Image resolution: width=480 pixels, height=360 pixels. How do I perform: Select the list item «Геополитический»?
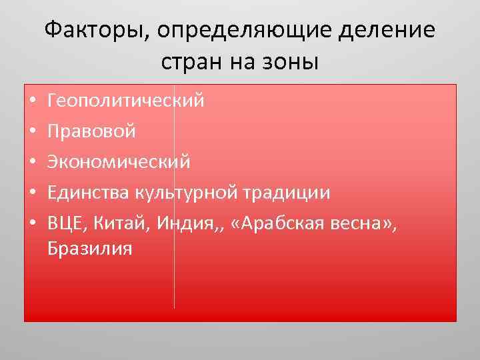point(126,101)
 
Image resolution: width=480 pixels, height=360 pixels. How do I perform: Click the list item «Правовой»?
point(91,131)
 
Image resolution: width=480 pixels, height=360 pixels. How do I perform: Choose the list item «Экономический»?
point(119,162)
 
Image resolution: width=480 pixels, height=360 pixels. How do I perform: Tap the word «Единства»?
point(88,193)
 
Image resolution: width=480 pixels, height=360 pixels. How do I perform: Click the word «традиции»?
point(286,193)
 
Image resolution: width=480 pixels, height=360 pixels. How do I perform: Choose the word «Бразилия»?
point(90,249)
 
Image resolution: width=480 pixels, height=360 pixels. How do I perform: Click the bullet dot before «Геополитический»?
point(31,102)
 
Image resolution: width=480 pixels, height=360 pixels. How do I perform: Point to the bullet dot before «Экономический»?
point(31,163)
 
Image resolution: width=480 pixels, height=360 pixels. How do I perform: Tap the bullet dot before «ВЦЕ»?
point(31,223)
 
